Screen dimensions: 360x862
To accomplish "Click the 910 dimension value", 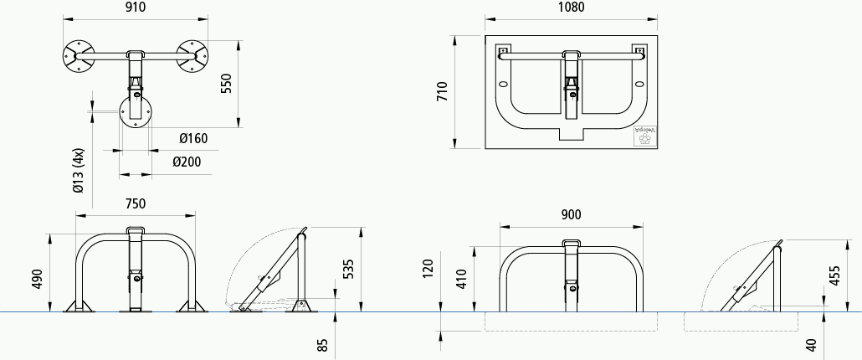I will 136,8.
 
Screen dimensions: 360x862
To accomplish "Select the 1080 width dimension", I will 570,8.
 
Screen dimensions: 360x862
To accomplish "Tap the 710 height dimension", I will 444,92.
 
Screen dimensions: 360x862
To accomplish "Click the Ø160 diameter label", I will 193,138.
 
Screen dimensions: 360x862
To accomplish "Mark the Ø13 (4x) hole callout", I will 79,172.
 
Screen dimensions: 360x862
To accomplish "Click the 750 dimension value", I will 136,203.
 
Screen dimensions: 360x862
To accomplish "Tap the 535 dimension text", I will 349,269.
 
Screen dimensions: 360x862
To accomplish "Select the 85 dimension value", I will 323,343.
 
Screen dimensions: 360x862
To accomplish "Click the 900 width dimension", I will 571,214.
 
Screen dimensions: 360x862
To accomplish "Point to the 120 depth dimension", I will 429,268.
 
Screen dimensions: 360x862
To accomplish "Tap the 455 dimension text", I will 834,275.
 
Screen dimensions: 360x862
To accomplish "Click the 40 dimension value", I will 809,343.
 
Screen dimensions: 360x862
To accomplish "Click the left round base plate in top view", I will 79,55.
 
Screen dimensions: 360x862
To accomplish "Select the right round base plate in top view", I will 192,55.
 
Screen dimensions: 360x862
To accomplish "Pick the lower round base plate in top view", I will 136,111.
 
